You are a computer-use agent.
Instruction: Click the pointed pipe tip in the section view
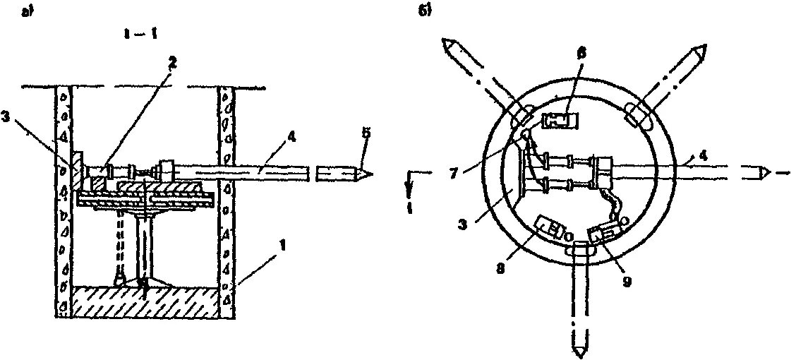coord(367,172)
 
